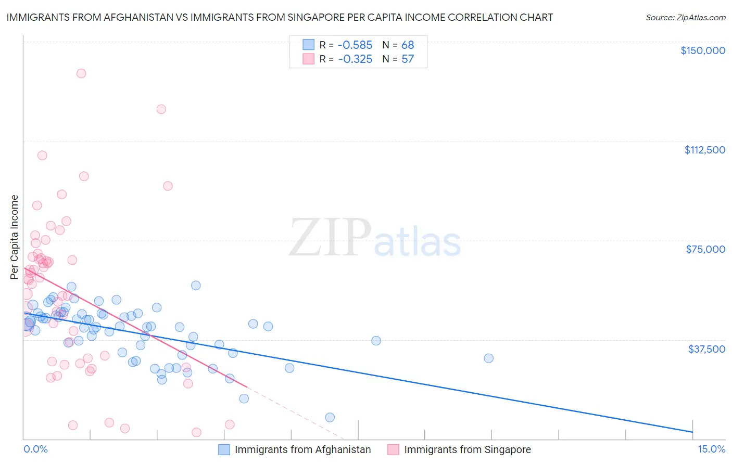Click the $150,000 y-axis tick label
[x=702, y=50]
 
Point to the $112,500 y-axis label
[x=704, y=150]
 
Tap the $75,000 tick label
[x=705, y=249]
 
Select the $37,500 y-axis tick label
[x=706, y=349]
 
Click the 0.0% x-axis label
[x=35, y=449]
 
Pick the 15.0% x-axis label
[x=711, y=449]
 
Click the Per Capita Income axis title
[x=15, y=237]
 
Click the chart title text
[x=280, y=17]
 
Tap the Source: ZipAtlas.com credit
[x=685, y=17]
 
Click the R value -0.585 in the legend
[x=355, y=45]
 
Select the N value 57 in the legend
[x=408, y=59]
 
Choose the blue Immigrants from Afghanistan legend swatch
[x=224, y=449]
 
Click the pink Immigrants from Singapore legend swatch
[x=393, y=449]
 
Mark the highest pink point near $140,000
[x=81, y=73]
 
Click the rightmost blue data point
[x=488, y=358]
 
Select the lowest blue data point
[x=330, y=417]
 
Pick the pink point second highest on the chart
[x=161, y=109]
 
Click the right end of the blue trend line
[x=692, y=432]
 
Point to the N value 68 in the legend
[x=408, y=45]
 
